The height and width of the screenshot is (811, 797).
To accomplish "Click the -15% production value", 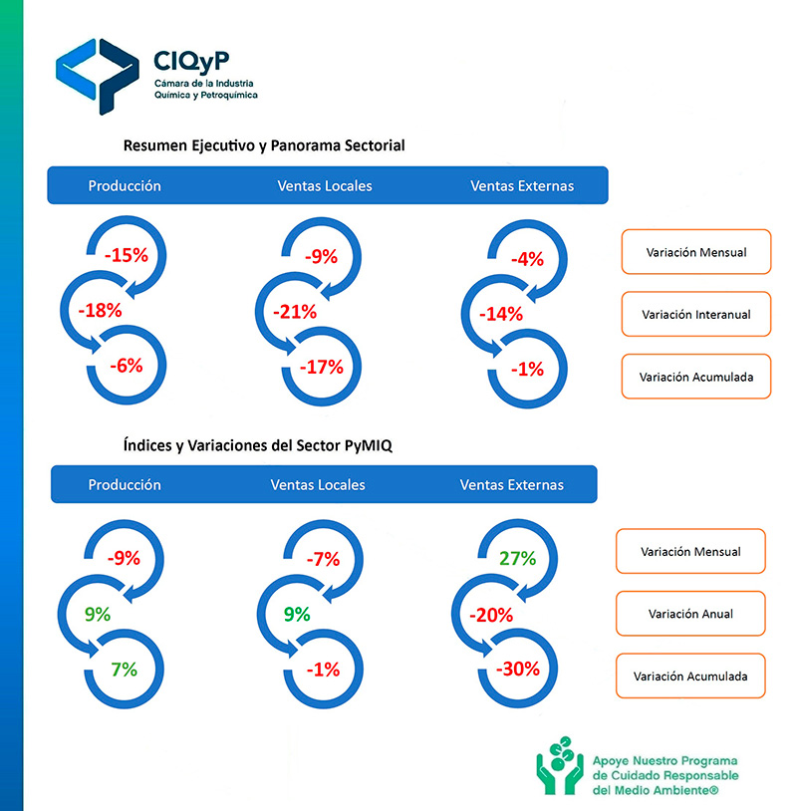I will (x=126, y=255).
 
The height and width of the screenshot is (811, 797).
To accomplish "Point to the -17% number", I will (x=321, y=367).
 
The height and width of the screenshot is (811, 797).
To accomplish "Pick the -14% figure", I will (x=500, y=314).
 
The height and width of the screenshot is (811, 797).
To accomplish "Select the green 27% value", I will (x=517, y=558).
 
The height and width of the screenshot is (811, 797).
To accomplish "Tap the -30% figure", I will (x=519, y=668).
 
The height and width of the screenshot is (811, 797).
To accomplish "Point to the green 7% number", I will (x=125, y=668).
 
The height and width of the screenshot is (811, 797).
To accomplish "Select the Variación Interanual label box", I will (x=695, y=314).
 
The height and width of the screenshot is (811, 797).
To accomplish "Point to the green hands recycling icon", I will (x=558, y=764).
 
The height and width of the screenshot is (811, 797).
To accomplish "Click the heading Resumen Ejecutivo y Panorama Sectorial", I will (x=264, y=145).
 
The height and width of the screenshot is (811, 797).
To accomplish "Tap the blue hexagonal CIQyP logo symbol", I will (x=97, y=73).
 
